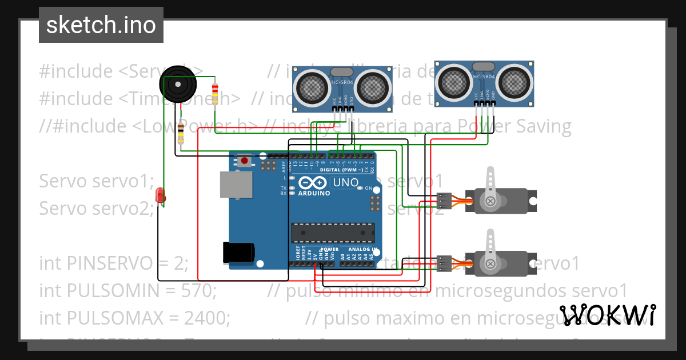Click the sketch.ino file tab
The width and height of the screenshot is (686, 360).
point(101,25)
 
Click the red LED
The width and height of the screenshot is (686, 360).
point(161,195)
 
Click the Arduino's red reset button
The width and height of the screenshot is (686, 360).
point(245,161)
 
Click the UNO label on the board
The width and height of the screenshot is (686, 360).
point(345,183)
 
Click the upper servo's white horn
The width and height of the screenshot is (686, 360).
point(490,189)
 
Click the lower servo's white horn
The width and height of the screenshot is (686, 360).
point(490,251)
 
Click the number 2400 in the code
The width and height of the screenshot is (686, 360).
point(208,317)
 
